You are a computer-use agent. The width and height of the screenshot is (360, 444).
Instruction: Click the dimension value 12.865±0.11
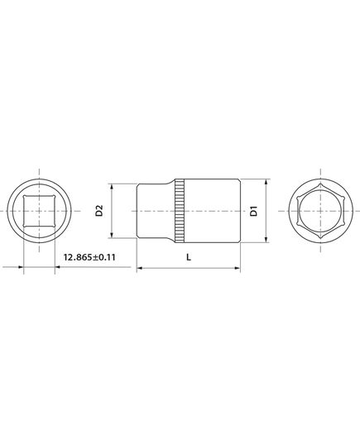tap(89, 258)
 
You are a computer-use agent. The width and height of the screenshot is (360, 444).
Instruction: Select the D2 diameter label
tap(98, 212)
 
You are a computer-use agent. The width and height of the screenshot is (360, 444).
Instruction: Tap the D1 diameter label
tap(255, 211)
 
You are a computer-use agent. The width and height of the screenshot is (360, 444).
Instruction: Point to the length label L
tap(189, 257)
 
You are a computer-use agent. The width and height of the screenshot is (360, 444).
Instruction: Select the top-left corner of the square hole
tap(25, 197)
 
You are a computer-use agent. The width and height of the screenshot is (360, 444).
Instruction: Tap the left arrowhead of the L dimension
tap(139, 268)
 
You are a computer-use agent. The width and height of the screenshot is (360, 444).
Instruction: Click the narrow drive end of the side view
tap(153, 212)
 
